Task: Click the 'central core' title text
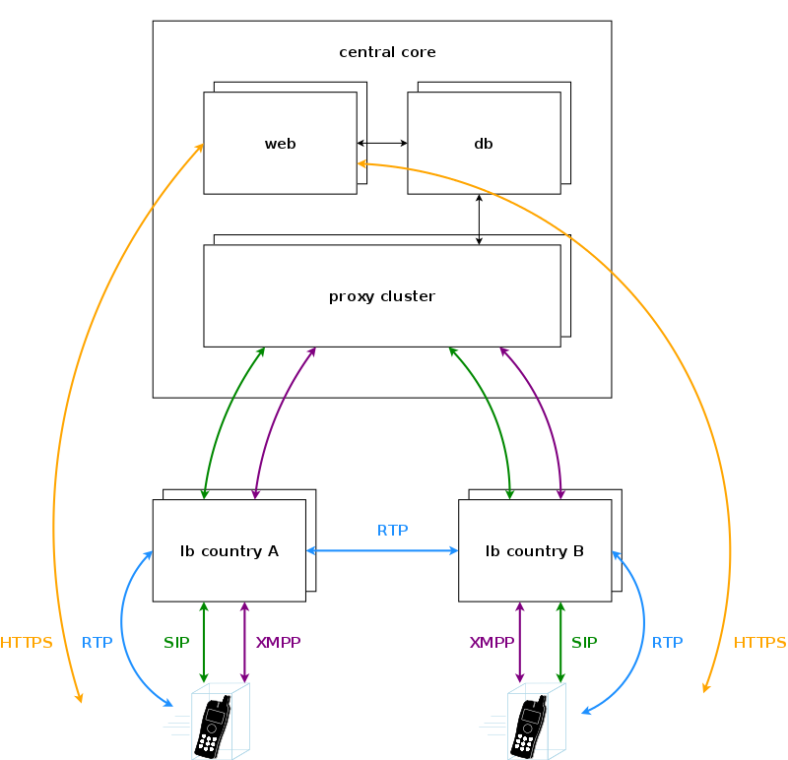point(387,52)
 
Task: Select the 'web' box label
point(281,144)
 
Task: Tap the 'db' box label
point(484,144)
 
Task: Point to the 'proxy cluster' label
point(382,296)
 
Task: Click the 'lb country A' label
point(230,551)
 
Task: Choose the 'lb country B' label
point(535,551)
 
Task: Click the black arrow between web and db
point(382,144)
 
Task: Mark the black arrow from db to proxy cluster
point(480,219)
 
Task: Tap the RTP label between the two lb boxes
point(392,531)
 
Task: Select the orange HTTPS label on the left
point(27,643)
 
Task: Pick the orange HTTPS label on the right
point(760,643)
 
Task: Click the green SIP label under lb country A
point(176,643)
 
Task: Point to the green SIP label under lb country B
point(584,643)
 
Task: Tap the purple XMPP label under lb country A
point(278,643)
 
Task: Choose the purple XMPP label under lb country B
point(492,643)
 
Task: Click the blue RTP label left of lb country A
point(98,643)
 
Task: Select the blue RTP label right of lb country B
point(667,643)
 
